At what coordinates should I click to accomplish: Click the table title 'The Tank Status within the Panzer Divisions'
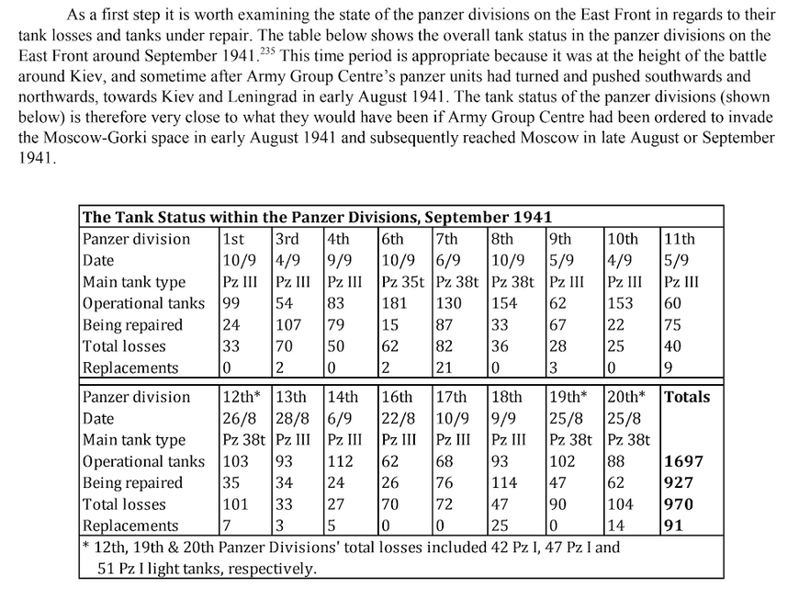pos(317,218)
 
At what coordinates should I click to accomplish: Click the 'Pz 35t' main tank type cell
pos(403,282)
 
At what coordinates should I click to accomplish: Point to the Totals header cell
pos(687,397)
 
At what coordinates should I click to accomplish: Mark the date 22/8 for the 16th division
pos(397,418)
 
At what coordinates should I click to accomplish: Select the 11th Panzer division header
pos(680,239)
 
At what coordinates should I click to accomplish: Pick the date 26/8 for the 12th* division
pos(239,418)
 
